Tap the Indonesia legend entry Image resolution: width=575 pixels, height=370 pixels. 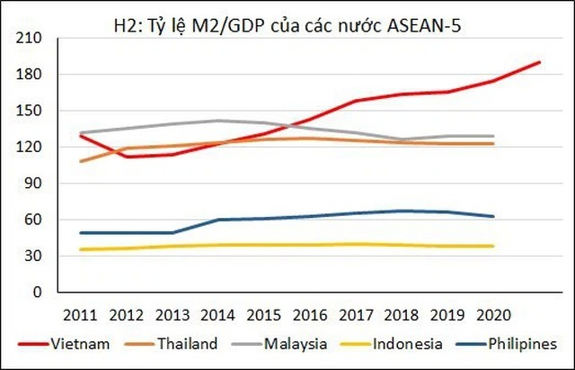(409, 344)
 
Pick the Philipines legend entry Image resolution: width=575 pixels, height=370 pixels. (526, 344)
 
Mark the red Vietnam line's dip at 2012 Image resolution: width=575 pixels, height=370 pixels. (127, 157)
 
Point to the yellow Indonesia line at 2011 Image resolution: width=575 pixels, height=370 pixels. (81, 249)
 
